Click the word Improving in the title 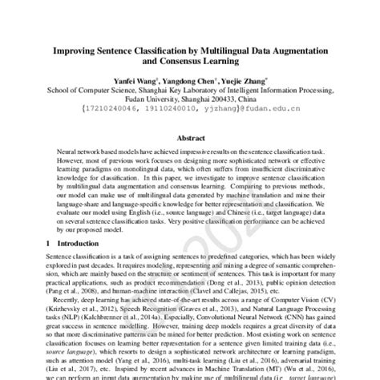pos(78,52)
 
